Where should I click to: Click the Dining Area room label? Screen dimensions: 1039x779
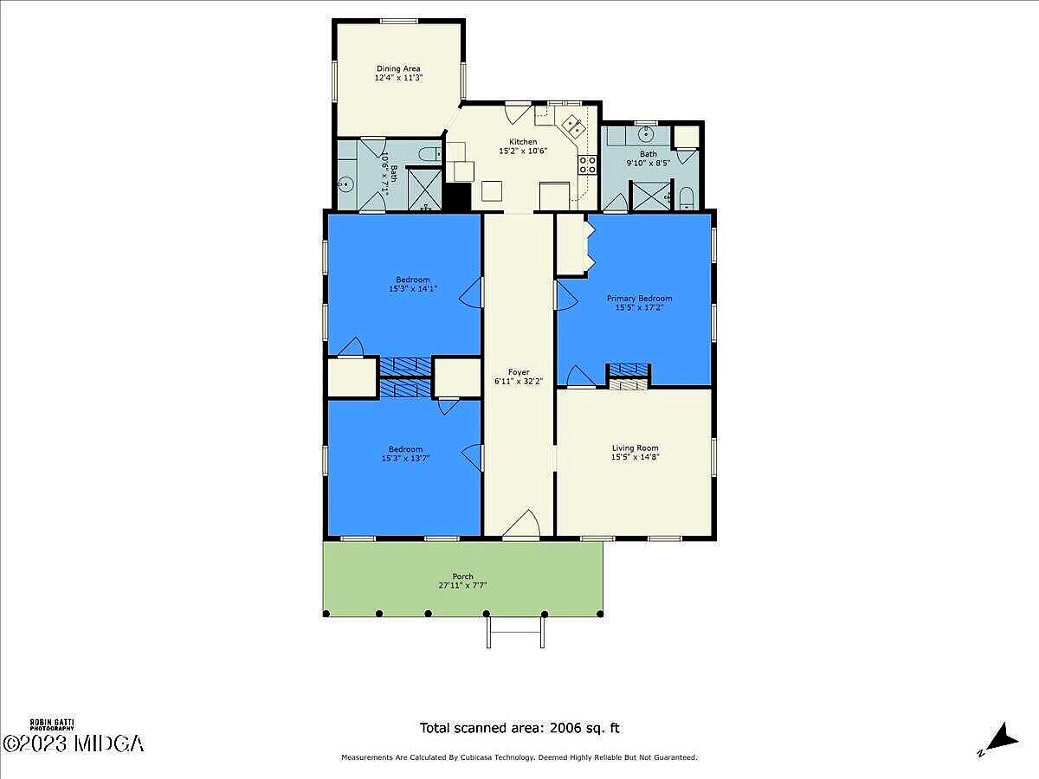(x=398, y=68)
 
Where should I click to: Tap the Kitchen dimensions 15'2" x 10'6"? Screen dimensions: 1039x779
(x=523, y=151)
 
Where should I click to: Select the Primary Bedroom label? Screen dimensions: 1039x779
(x=640, y=299)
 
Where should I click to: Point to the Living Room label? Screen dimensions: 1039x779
(x=636, y=447)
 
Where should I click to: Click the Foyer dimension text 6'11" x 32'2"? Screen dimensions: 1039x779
(x=519, y=381)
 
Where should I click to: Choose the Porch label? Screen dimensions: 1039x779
(x=463, y=576)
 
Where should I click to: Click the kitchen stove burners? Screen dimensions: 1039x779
(x=587, y=164)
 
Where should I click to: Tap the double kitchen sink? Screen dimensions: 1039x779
(x=573, y=126)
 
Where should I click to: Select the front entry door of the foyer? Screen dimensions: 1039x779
(x=521, y=525)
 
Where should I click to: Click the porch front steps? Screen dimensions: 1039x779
(x=515, y=633)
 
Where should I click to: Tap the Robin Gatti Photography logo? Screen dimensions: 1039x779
(x=52, y=724)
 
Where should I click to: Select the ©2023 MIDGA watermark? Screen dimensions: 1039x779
(x=73, y=744)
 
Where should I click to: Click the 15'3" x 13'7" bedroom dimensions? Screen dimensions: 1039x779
(x=405, y=459)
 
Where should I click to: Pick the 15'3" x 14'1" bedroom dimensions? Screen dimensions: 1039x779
(x=413, y=288)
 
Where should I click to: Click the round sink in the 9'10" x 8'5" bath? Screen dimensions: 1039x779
(x=646, y=134)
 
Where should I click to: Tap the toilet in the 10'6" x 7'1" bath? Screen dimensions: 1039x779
(x=430, y=154)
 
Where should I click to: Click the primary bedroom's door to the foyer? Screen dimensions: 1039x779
(x=566, y=296)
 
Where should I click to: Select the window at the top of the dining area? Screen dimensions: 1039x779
(x=399, y=21)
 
